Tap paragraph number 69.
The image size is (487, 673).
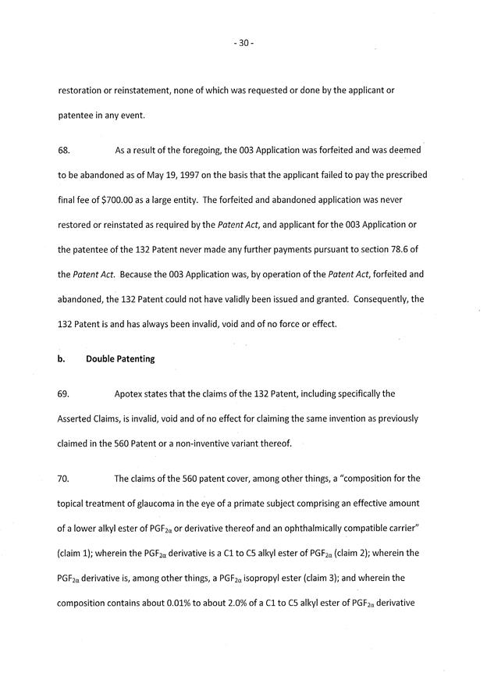click(65, 395)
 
